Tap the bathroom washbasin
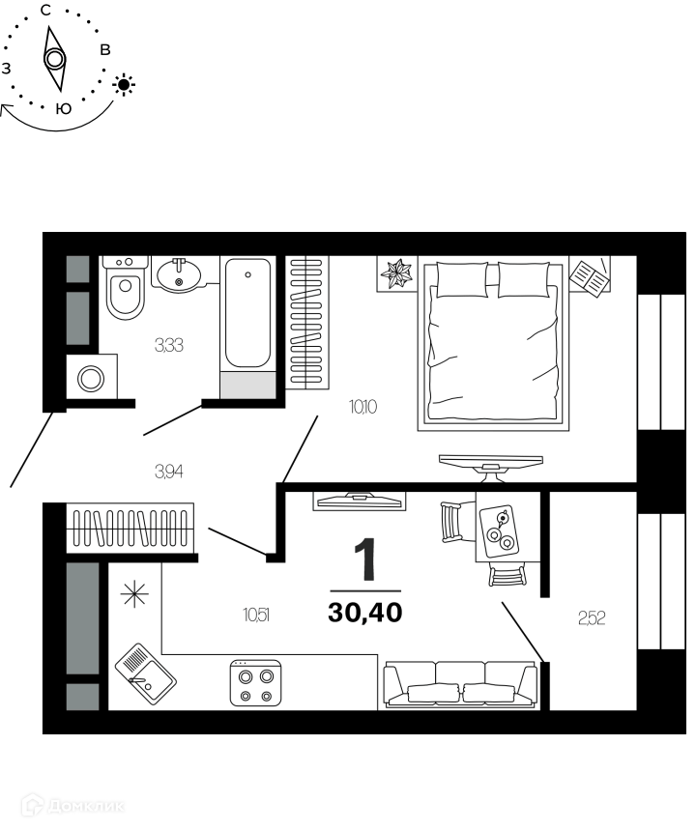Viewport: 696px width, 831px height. point(179,273)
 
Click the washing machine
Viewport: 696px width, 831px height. point(91,378)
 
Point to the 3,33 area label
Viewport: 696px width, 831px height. point(169,346)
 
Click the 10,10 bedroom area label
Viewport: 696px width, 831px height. point(363,407)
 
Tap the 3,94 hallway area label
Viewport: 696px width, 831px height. point(169,472)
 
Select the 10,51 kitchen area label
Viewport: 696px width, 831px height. point(256,616)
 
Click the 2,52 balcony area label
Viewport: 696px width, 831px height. point(592,618)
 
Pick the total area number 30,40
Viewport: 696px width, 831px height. point(365,614)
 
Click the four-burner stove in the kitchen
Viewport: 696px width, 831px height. point(255,682)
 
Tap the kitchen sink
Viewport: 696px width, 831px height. point(146,673)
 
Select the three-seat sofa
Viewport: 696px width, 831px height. point(460,685)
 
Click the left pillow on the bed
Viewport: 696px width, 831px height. point(461,280)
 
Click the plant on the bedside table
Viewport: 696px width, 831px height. point(397,273)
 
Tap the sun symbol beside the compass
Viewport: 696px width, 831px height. point(124,84)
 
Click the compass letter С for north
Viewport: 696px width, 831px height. point(46,10)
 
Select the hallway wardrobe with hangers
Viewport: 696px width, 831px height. point(130,529)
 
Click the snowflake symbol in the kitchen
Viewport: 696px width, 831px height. point(134,593)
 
